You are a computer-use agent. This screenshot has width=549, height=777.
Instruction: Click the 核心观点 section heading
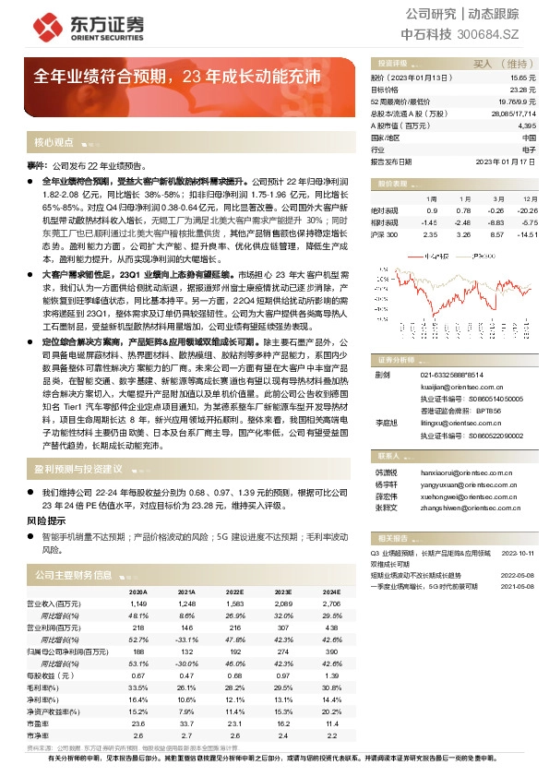54,143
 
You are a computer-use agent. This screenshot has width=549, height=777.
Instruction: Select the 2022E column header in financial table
235,592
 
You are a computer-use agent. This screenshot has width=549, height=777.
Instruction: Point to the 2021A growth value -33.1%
186,639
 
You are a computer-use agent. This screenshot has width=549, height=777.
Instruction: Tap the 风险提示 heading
43,520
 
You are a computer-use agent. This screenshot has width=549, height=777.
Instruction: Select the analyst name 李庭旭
384,421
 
